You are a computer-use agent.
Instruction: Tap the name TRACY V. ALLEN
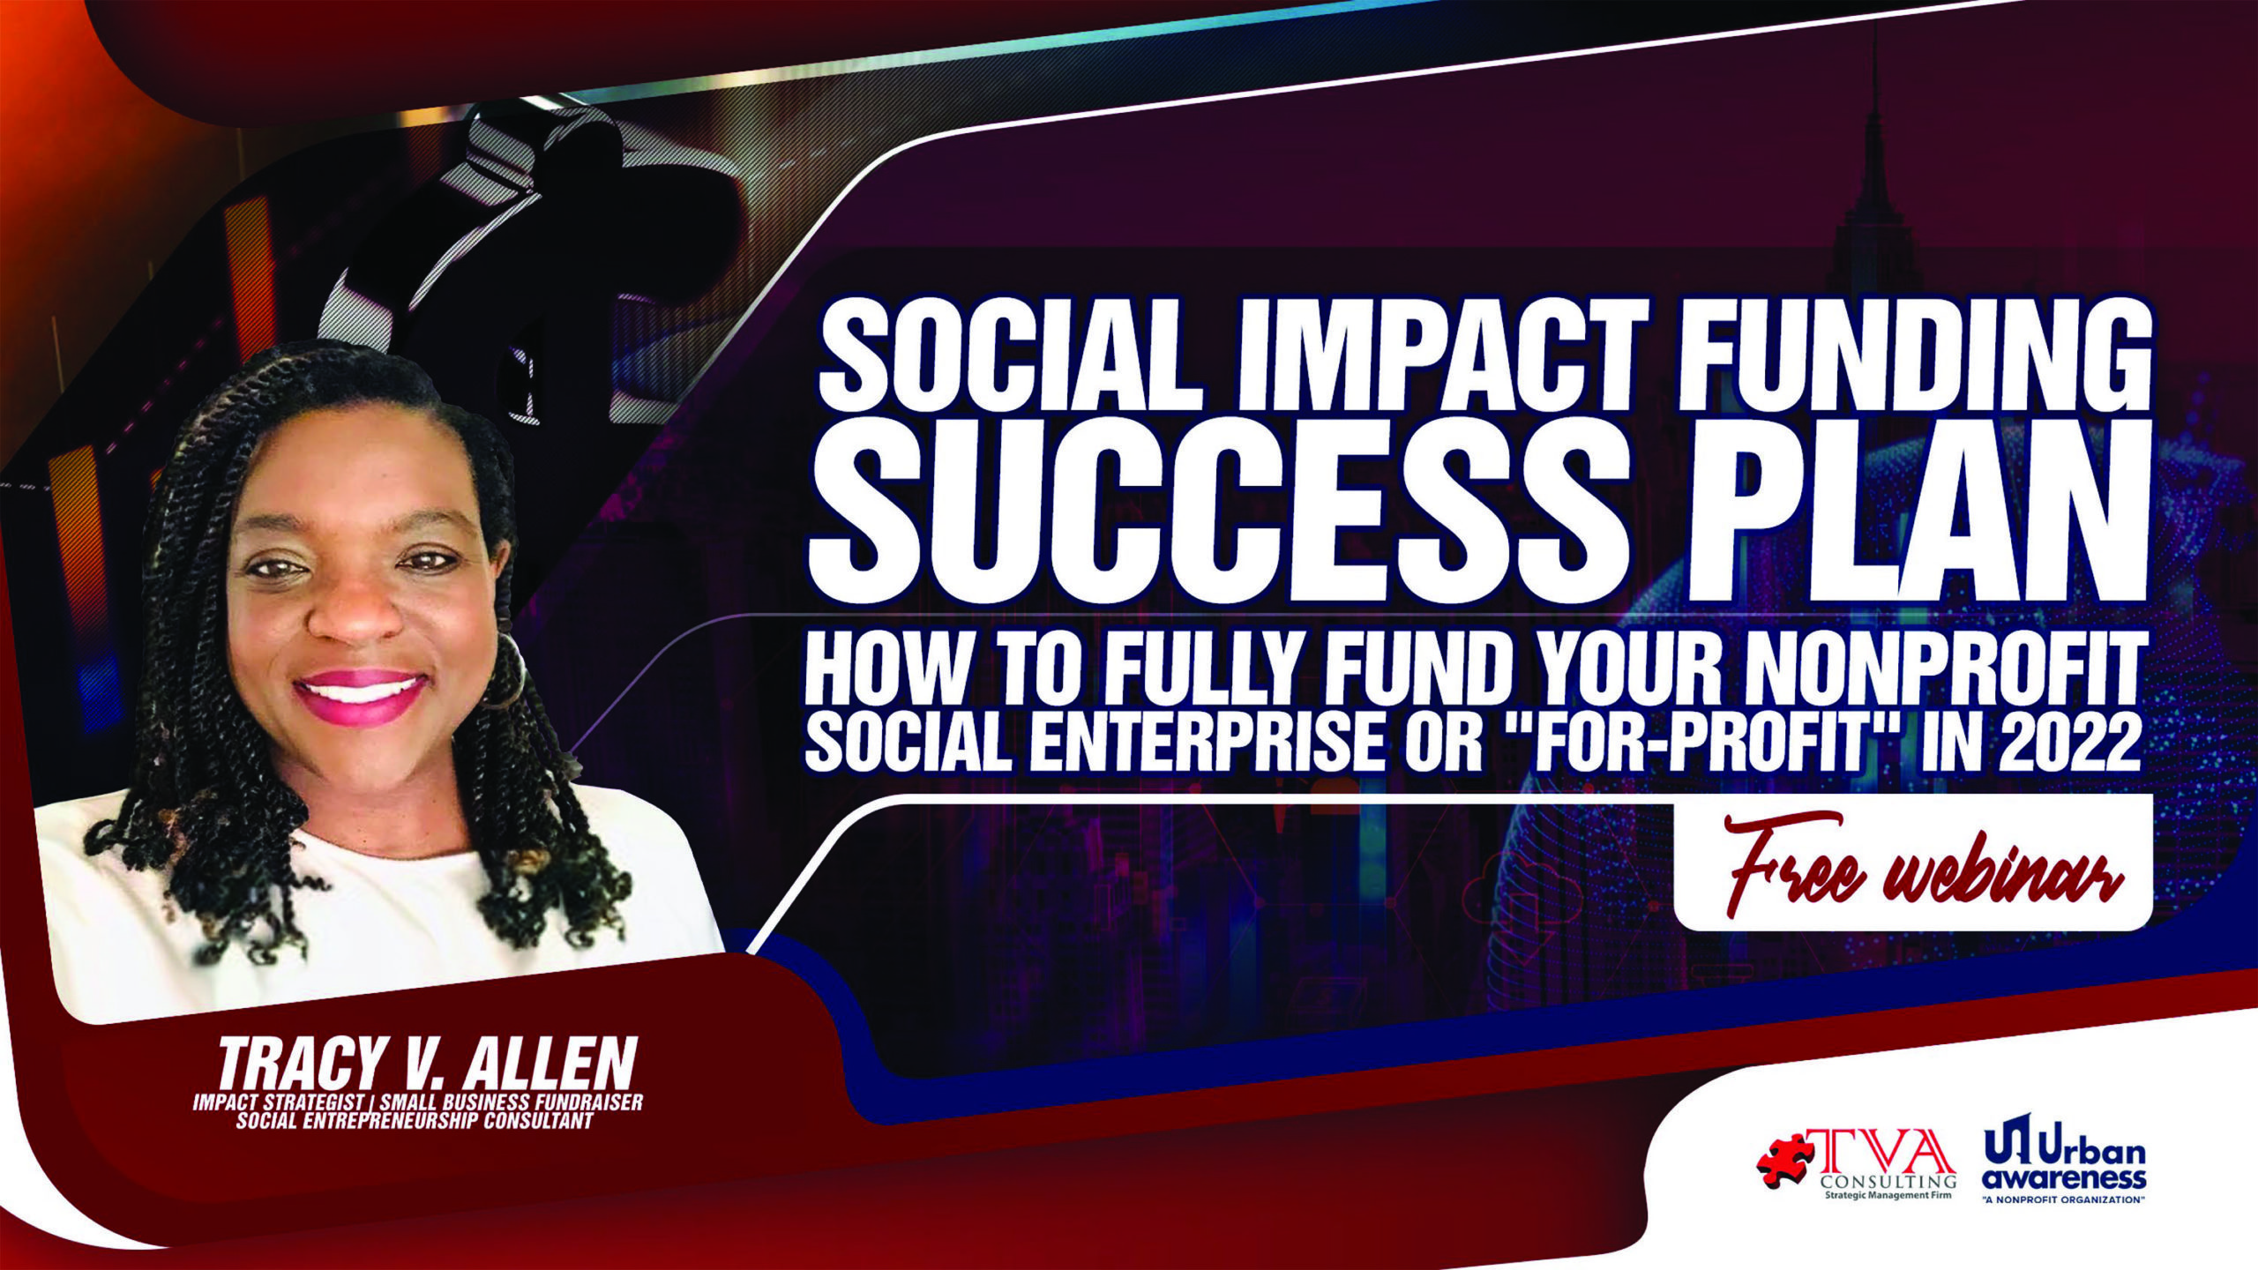(427, 1063)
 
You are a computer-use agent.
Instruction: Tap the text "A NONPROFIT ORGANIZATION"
(2065, 1200)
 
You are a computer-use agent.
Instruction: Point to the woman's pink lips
(361, 697)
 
